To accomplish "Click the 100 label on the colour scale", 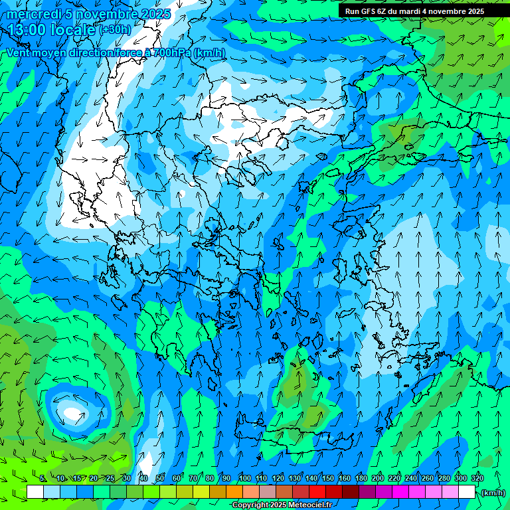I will coord(245,478).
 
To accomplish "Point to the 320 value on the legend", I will coord(477,478).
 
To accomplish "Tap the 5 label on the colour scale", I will coord(42,478).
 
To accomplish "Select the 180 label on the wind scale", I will coord(361,478).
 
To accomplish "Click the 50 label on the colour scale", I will coord(159,478).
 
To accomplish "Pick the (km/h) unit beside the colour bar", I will coord(493,493).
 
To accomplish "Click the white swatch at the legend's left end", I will coord(35,491).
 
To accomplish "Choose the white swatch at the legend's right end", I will coord(467,491).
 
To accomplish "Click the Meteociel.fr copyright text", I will coord(282,505).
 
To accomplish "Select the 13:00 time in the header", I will coord(26,30).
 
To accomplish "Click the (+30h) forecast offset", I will coord(115,30).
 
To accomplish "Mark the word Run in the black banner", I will coord(352,11).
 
